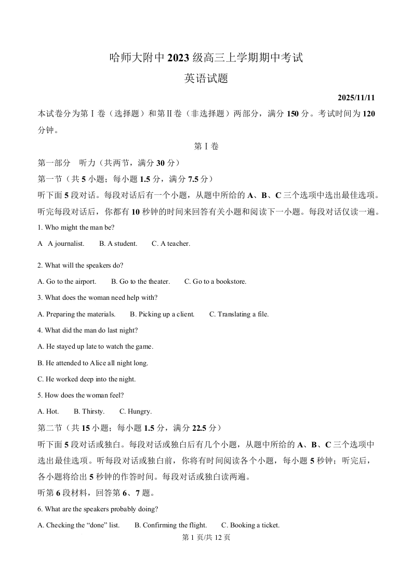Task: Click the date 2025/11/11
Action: pos(356,98)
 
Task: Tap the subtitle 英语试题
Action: pos(206,79)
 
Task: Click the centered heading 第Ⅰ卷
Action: pos(206,147)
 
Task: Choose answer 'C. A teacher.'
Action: pos(171,244)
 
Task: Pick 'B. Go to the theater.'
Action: pos(140,282)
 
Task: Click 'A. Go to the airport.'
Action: pos(67,282)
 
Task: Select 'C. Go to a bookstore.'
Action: pos(215,282)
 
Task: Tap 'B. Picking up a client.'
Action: pos(162,314)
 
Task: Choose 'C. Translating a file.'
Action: pos(239,314)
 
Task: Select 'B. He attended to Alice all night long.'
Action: pos(93,363)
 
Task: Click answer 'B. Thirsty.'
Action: pos(89,412)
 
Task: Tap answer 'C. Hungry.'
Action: pos(136,412)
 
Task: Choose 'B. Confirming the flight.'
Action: pos(170,525)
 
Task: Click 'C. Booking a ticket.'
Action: pos(250,525)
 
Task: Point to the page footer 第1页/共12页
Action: pos(206,538)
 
